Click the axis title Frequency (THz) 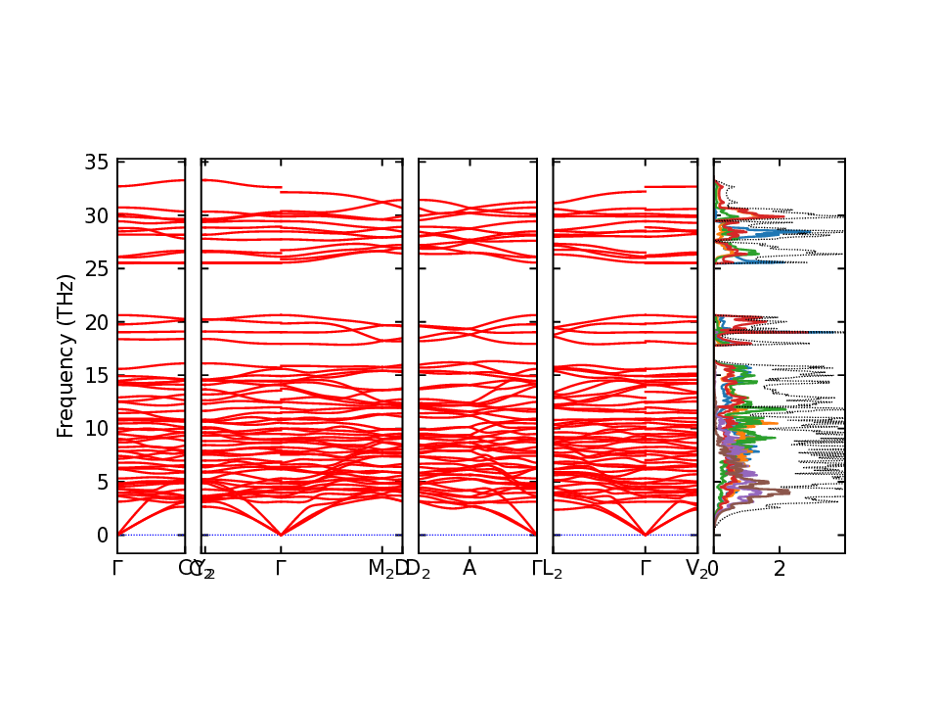point(66,355)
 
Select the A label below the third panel point(469,569)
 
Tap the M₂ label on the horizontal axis point(381,569)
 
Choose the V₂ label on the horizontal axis point(696,569)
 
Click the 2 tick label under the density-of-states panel point(780,569)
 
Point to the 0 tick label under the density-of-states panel point(714,569)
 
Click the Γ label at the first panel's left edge point(117,569)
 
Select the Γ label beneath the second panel point(281,569)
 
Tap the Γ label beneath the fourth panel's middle point(646,569)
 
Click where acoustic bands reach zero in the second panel point(281,534)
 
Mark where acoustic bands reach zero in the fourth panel point(646,534)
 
